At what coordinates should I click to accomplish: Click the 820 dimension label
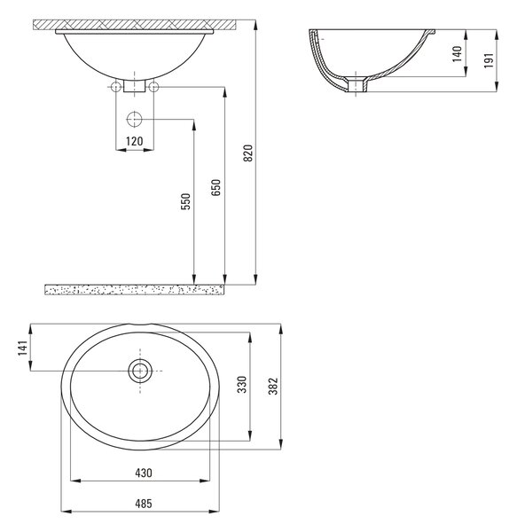point(248,153)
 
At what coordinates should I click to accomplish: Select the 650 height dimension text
point(215,187)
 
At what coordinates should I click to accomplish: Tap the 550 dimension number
point(185,201)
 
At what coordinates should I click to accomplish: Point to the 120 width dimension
point(134,141)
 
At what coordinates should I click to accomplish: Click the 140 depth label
point(458,53)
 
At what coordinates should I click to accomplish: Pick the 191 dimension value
point(488,60)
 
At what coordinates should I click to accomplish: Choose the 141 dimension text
point(22,348)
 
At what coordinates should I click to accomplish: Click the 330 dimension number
point(242,385)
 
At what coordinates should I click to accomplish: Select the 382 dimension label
point(273,386)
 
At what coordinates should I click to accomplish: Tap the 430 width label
point(144,473)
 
